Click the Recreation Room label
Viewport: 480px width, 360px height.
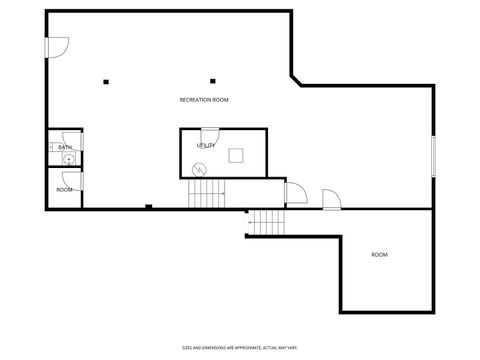pyautogui.click(x=204, y=100)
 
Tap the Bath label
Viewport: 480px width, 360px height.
pyautogui.click(x=64, y=147)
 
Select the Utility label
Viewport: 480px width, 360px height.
pyautogui.click(x=206, y=146)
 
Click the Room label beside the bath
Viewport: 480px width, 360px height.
pyautogui.click(x=64, y=189)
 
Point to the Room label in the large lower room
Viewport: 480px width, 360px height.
pyautogui.click(x=379, y=255)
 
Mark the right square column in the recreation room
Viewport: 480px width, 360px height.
pyautogui.click(x=212, y=81)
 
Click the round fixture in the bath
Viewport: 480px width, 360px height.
pyautogui.click(x=68, y=158)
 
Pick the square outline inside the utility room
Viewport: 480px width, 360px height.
pyautogui.click(x=236, y=154)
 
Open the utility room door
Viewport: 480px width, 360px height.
pyautogui.click(x=210, y=136)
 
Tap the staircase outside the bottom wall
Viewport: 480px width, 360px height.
pyautogui.click(x=266, y=223)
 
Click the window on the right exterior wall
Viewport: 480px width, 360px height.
pyautogui.click(x=433, y=155)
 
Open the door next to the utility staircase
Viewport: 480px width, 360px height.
pyautogui.click(x=295, y=193)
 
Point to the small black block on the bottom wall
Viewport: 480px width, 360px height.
pyautogui.click(x=147, y=207)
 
